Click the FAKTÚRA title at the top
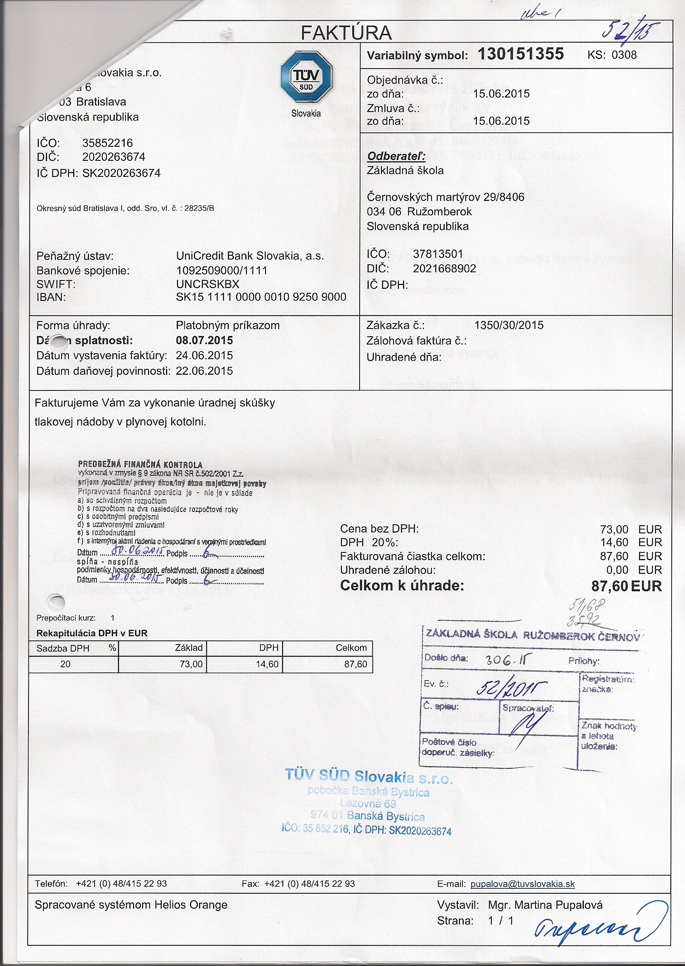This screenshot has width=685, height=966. pos(346,33)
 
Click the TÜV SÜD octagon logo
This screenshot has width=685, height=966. pos(306,76)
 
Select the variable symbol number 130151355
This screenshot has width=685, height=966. pos(521,54)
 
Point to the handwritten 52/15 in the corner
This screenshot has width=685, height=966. pos(630,31)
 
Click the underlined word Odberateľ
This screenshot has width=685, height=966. pos(396,156)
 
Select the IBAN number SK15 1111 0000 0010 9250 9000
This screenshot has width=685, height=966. pos(261,297)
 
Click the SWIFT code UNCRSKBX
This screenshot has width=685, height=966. pos(208,284)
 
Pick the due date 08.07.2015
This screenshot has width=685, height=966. pos(204,340)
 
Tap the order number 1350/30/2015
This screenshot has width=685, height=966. pos(509,326)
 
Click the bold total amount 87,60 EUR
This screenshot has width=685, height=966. pos(626,586)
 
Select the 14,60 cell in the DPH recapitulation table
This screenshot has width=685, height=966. pos(267,664)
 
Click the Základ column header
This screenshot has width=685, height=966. pos(189,648)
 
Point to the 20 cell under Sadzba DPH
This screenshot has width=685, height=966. pos(65,664)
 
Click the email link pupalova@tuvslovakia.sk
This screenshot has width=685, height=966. pos(522,884)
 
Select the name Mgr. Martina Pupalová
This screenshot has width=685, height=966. pos(545,905)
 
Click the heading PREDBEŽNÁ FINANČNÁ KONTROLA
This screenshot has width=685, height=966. pos(140,465)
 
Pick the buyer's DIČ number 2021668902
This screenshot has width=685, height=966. pos(444,269)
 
